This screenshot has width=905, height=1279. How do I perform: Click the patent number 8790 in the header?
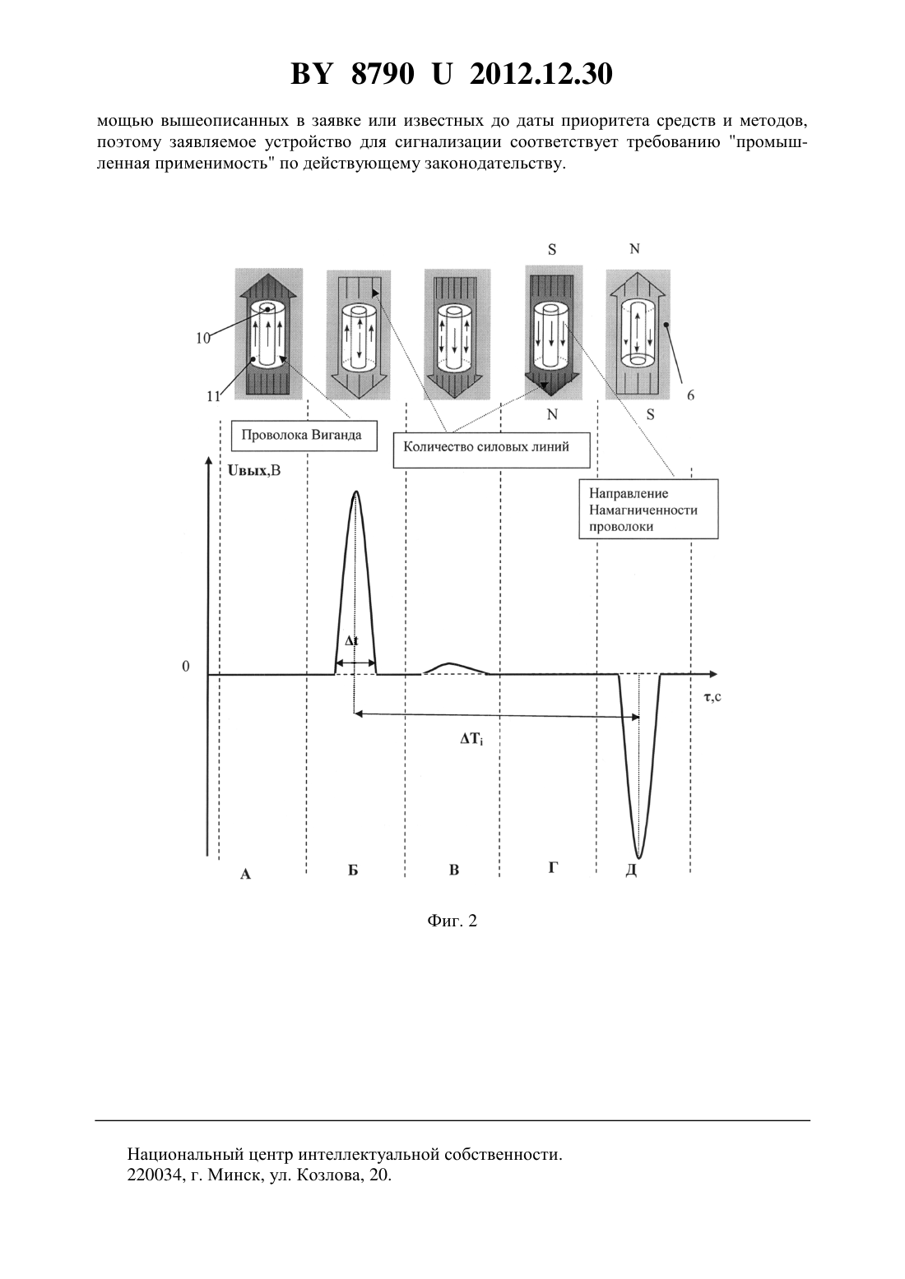click(383, 74)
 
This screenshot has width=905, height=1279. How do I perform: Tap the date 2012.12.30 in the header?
click(541, 74)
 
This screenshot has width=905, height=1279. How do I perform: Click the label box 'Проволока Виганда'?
click(304, 436)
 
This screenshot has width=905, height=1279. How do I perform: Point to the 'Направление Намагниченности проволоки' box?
click(648, 510)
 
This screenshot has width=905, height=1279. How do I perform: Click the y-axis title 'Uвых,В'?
click(253, 471)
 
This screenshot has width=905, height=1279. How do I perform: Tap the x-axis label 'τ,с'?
click(712, 696)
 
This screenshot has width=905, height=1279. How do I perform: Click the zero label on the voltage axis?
click(186, 667)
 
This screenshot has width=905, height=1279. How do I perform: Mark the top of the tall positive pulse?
click(356, 491)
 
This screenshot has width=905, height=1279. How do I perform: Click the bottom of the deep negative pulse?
click(639, 857)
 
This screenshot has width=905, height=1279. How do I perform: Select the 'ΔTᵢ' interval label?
click(472, 741)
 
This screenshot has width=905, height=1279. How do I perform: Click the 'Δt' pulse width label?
click(352, 640)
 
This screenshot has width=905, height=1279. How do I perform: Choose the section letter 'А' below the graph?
click(246, 874)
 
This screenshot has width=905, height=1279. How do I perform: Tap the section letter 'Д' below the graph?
click(631, 870)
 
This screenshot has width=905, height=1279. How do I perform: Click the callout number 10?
click(203, 338)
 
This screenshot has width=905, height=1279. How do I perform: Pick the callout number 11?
click(214, 395)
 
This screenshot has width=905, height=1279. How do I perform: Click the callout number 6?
click(691, 395)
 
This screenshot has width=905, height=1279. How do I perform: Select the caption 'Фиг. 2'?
click(452, 921)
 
